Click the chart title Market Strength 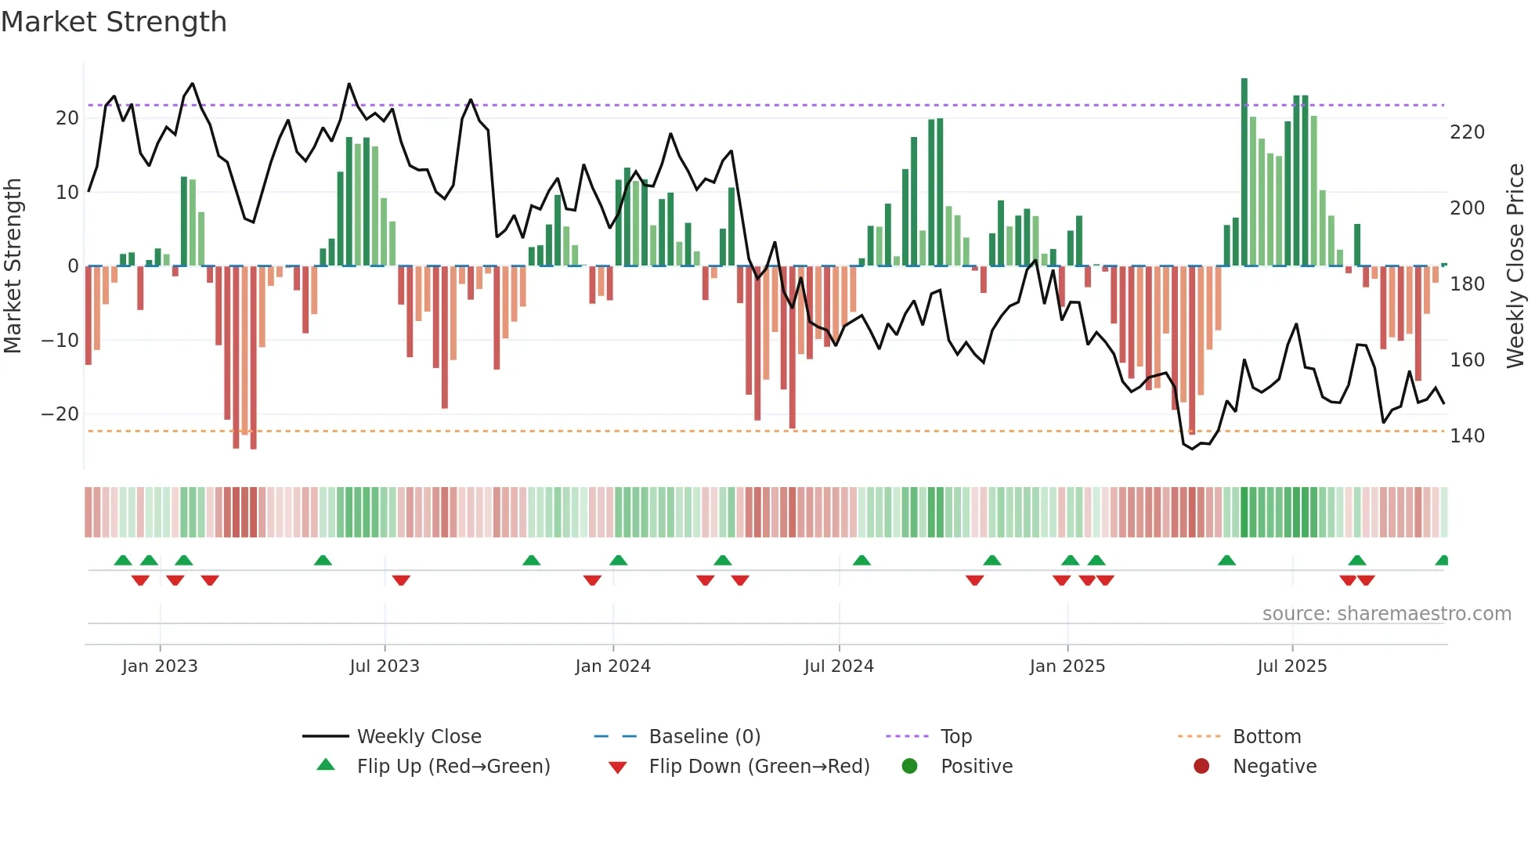(x=114, y=22)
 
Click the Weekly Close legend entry (x=418, y=737)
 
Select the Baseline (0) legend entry (x=704, y=737)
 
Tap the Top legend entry (x=955, y=737)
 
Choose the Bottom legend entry (x=1266, y=737)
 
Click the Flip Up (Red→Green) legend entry (x=453, y=767)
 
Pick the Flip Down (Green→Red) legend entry (x=758, y=767)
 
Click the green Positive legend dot (x=909, y=766)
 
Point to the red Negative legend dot (x=1201, y=766)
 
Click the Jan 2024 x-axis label (x=612, y=666)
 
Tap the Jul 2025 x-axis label (x=1291, y=666)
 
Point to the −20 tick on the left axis (x=60, y=414)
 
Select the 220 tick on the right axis (x=1467, y=132)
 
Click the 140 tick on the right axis (x=1467, y=436)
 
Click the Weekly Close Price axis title (x=1515, y=266)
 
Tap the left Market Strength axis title (x=13, y=266)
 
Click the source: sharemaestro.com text (x=1386, y=614)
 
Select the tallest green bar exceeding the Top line (x=1244, y=172)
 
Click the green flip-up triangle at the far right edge (x=1443, y=561)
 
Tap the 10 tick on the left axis (x=67, y=193)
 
